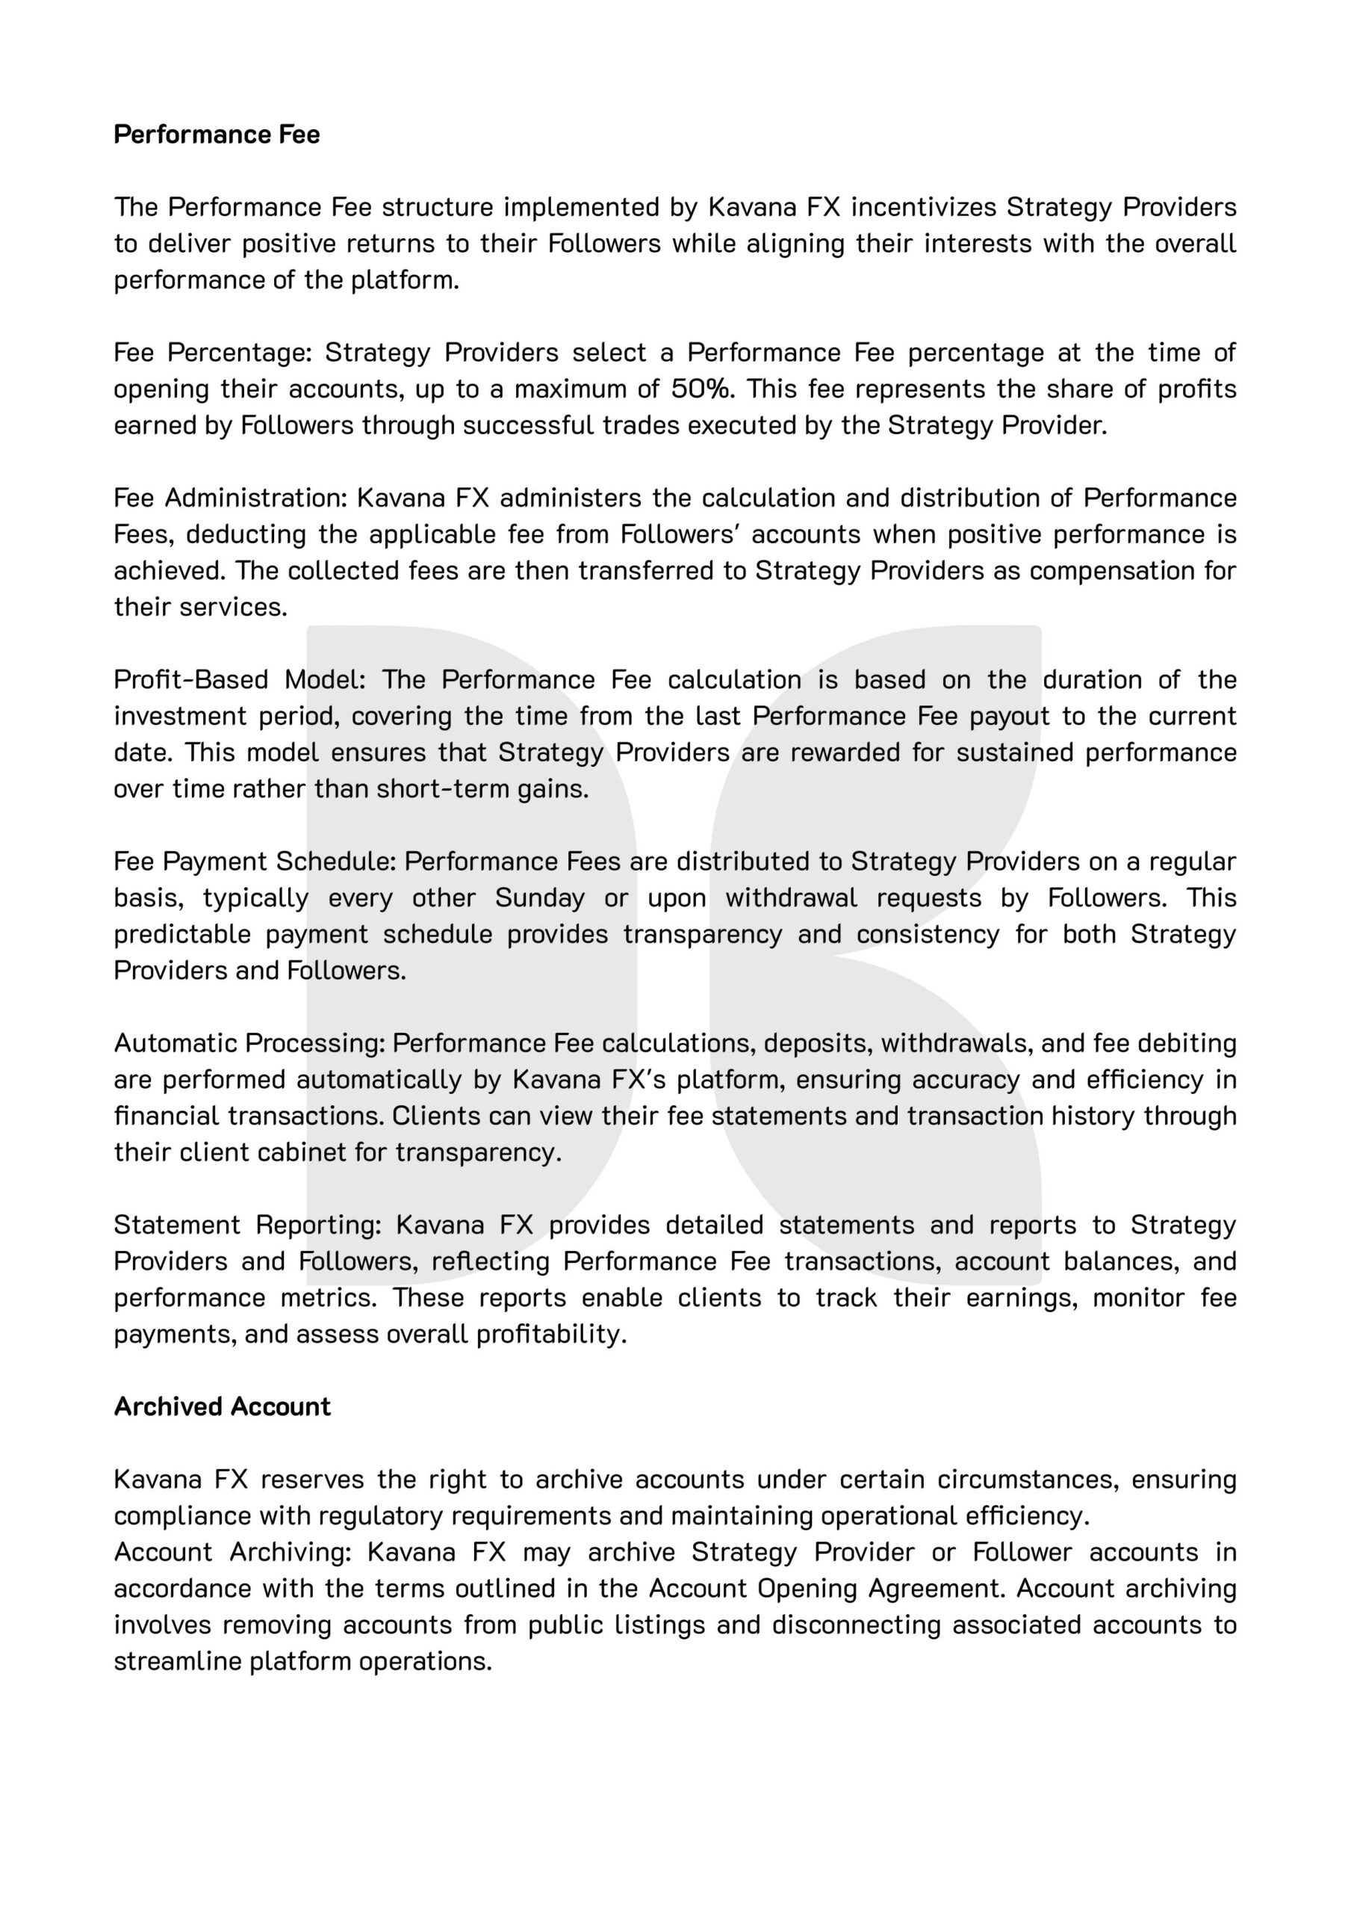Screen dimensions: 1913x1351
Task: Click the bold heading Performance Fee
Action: coord(217,135)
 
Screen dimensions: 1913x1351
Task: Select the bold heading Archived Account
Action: coord(222,1406)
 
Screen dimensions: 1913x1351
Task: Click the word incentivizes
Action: coord(922,207)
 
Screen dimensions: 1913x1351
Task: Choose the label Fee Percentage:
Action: coord(212,353)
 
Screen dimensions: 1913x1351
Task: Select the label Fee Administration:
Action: coord(230,498)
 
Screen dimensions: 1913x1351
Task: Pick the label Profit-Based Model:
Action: coord(240,679)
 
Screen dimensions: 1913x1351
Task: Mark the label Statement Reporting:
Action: coord(247,1225)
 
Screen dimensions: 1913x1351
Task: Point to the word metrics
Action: coord(328,1297)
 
